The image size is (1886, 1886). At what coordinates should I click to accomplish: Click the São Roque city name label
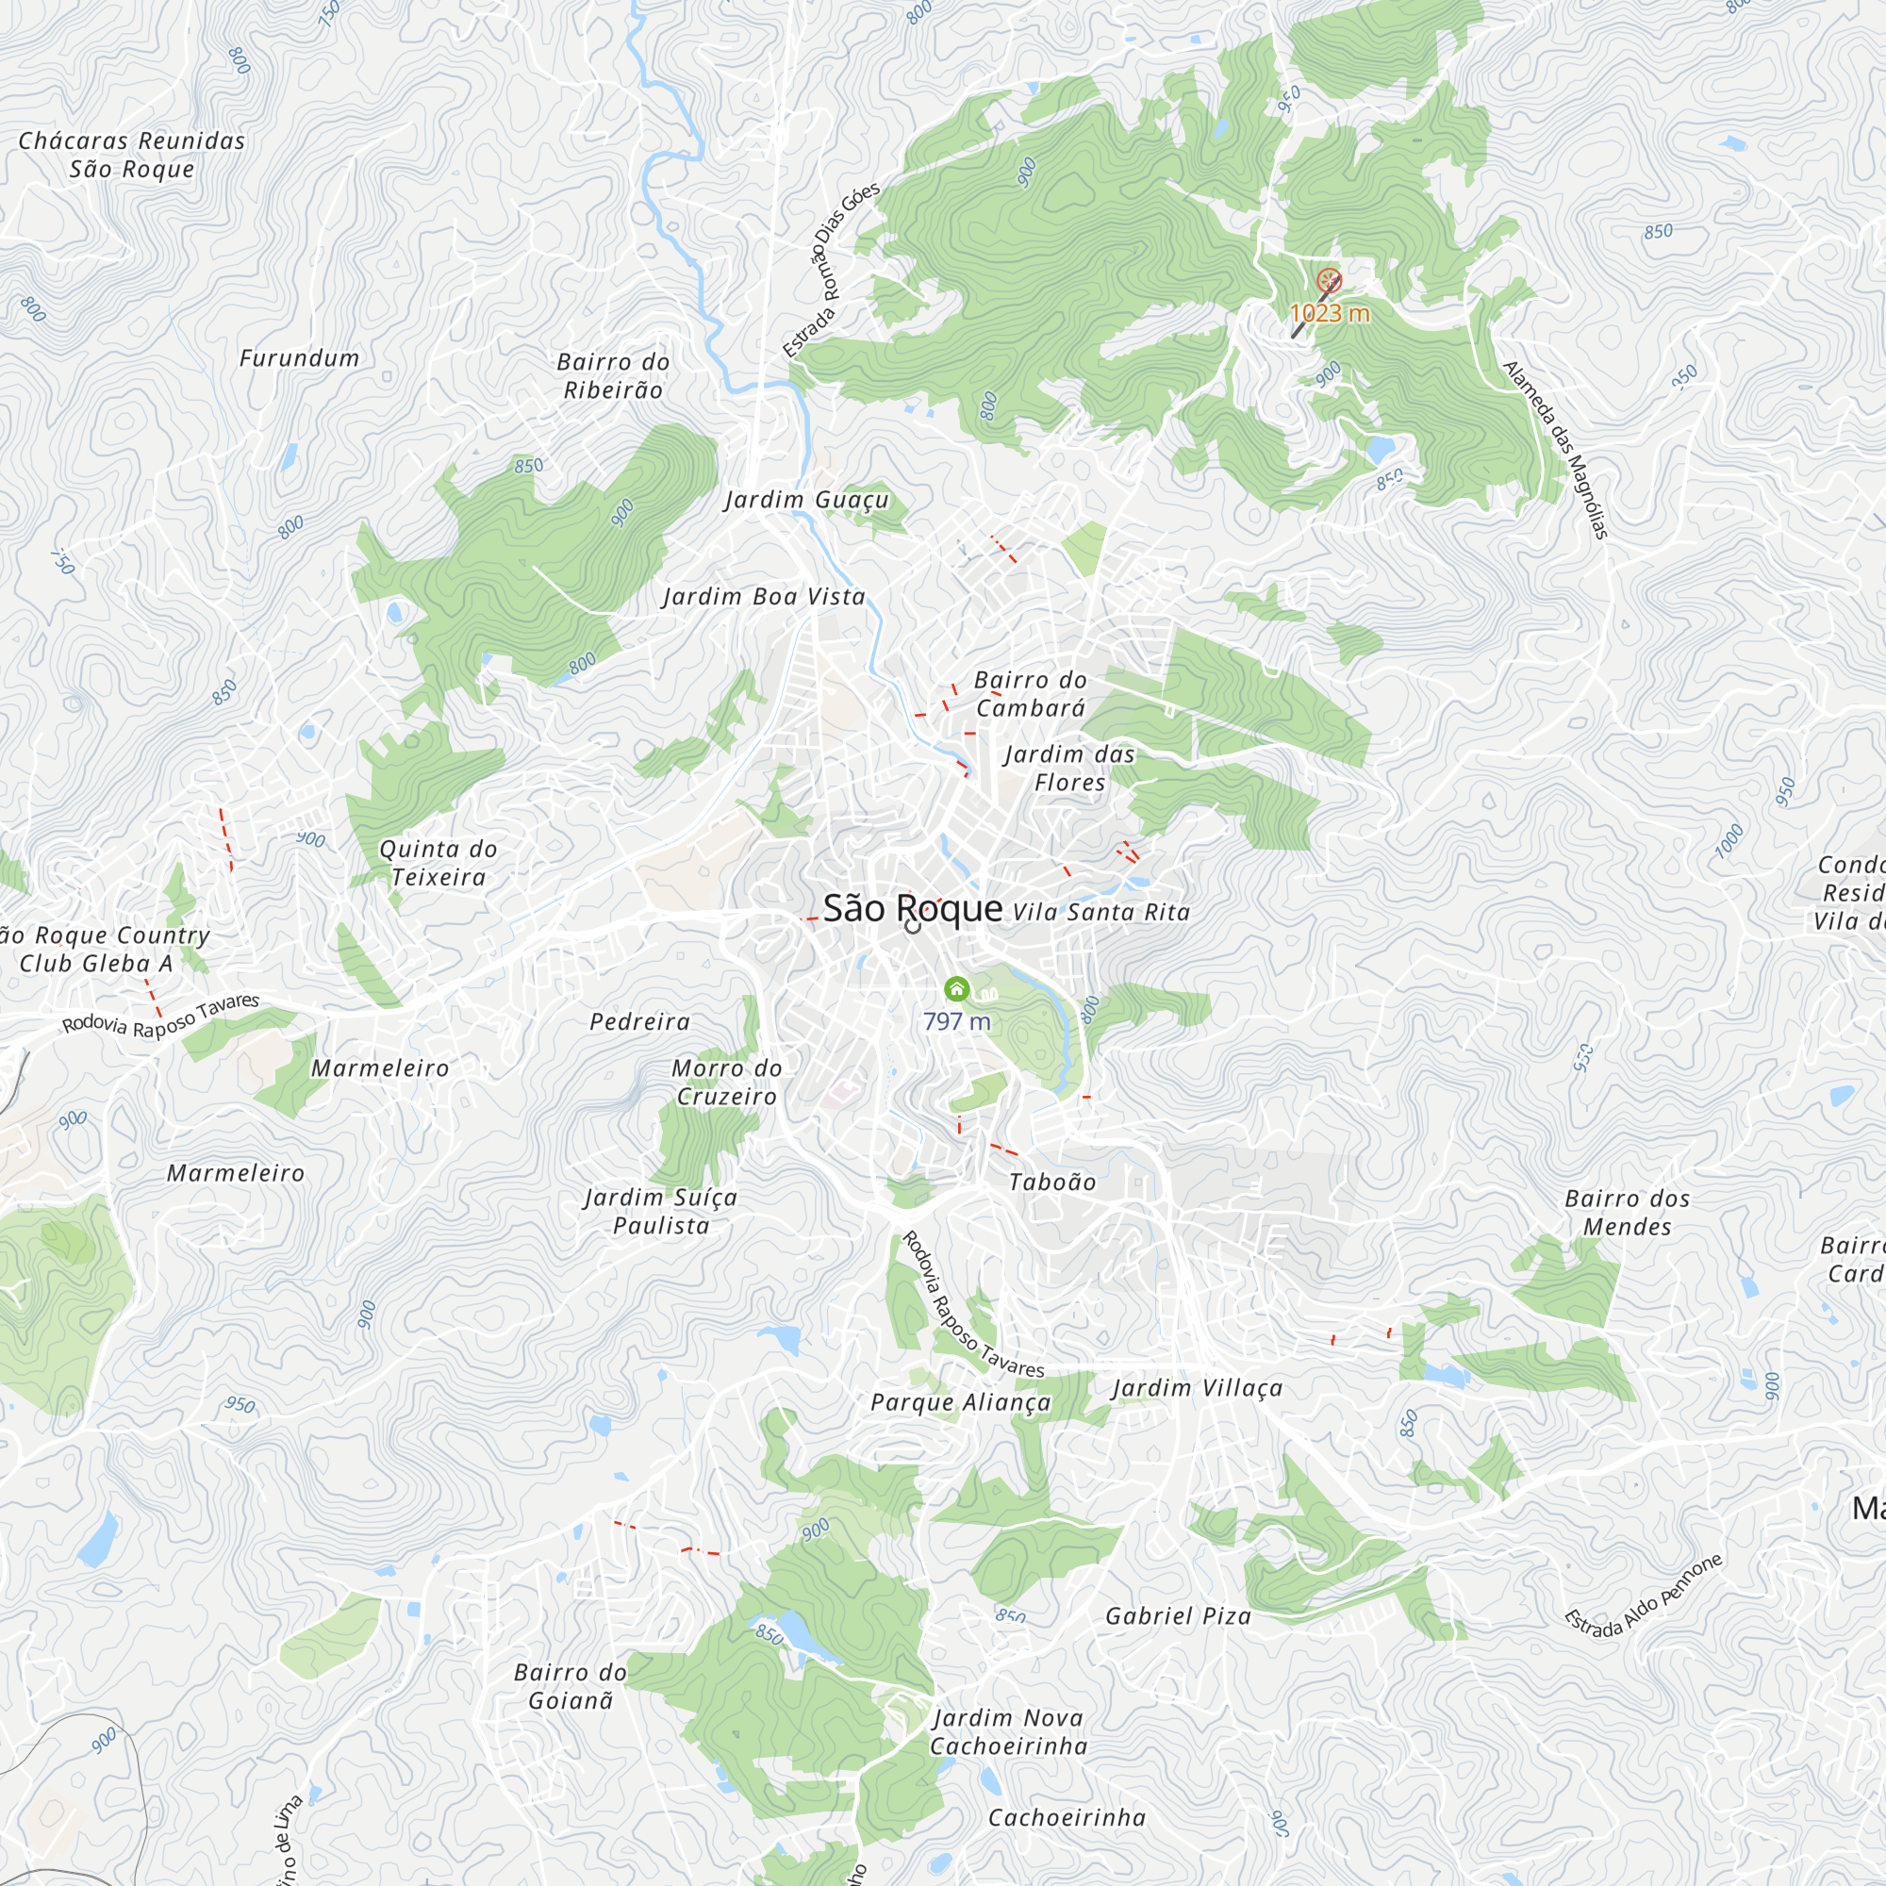tap(912, 909)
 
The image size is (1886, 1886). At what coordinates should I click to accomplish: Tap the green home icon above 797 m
tap(956, 990)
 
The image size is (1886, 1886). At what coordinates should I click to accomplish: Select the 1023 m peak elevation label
tap(1330, 313)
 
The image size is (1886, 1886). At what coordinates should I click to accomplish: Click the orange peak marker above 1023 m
tap(1329, 281)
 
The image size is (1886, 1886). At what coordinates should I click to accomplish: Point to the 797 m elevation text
tap(956, 1022)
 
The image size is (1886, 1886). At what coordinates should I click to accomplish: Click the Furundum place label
tap(300, 358)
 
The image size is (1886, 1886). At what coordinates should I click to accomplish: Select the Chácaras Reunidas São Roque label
tap(132, 155)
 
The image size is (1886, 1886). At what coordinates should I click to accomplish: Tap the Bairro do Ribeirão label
tap(613, 376)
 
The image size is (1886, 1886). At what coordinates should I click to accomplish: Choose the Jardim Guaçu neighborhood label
tap(806, 500)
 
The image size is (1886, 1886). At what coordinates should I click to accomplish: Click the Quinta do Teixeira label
tap(438, 863)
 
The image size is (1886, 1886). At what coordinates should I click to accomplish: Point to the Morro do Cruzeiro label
tap(727, 1082)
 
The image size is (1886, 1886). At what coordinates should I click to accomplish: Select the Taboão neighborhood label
tap(1052, 1183)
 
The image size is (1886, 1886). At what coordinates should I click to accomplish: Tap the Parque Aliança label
tap(961, 1403)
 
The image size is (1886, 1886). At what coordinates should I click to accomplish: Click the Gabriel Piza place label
tap(1178, 1615)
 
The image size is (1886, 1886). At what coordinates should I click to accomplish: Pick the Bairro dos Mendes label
tap(1628, 1213)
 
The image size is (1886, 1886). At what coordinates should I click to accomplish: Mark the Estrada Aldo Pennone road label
tap(1644, 1594)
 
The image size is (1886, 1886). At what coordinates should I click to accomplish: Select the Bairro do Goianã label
tap(571, 1686)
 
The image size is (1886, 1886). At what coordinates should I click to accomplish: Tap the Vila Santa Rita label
tap(1101, 913)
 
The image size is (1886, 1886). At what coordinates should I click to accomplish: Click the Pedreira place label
tap(640, 1022)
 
